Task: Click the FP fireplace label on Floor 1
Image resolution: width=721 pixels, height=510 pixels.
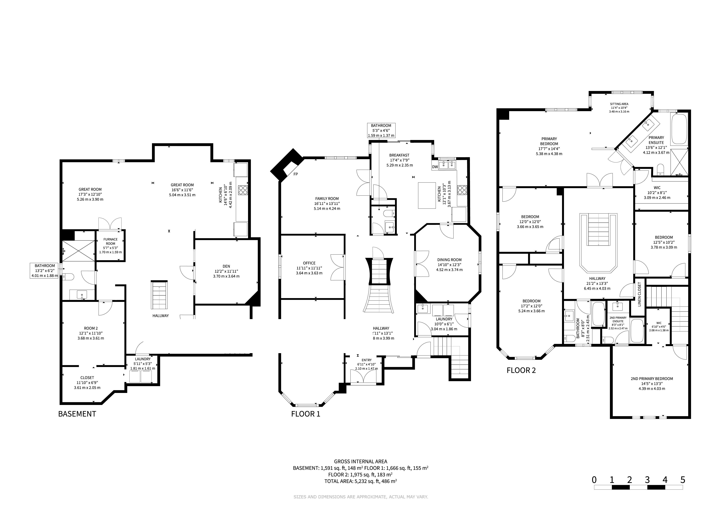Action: [296, 174]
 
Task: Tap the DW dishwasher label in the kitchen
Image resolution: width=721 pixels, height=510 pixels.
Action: [435, 167]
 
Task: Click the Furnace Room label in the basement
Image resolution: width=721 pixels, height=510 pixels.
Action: [111, 241]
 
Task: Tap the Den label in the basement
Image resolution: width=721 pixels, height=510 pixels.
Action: [226, 266]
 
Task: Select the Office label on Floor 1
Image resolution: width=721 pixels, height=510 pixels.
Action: [309, 263]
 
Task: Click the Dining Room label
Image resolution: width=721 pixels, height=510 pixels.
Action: [449, 260]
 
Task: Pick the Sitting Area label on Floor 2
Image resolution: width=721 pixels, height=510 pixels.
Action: [619, 104]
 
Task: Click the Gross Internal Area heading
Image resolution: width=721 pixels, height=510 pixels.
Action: [361, 462]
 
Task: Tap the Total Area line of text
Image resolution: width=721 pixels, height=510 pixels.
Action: [361, 481]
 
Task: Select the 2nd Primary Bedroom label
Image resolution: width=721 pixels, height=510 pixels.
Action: [652, 379]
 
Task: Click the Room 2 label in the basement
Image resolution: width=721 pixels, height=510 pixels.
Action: [91, 328]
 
